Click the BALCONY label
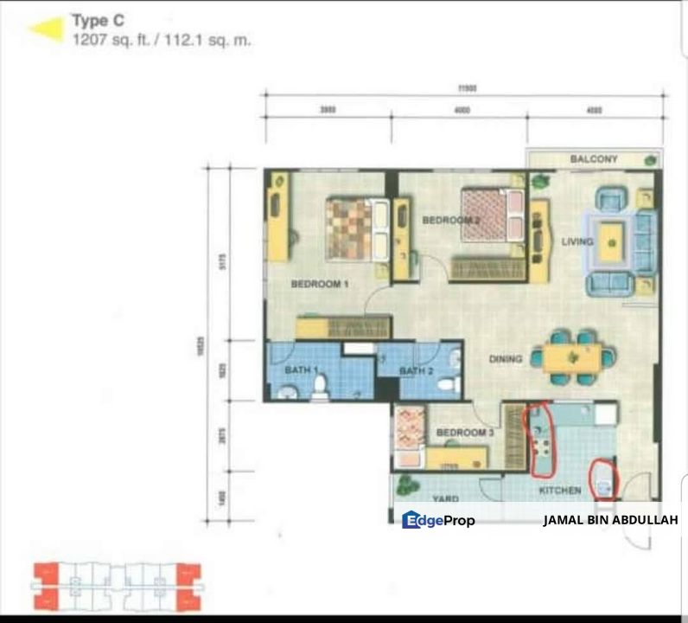594,159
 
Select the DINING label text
506,359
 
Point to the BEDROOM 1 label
319,285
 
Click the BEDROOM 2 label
450,221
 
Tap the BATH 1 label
303,371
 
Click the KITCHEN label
560,491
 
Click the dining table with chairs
572,356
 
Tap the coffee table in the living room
611,241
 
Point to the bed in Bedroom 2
492,215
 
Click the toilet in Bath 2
448,383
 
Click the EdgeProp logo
438,519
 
